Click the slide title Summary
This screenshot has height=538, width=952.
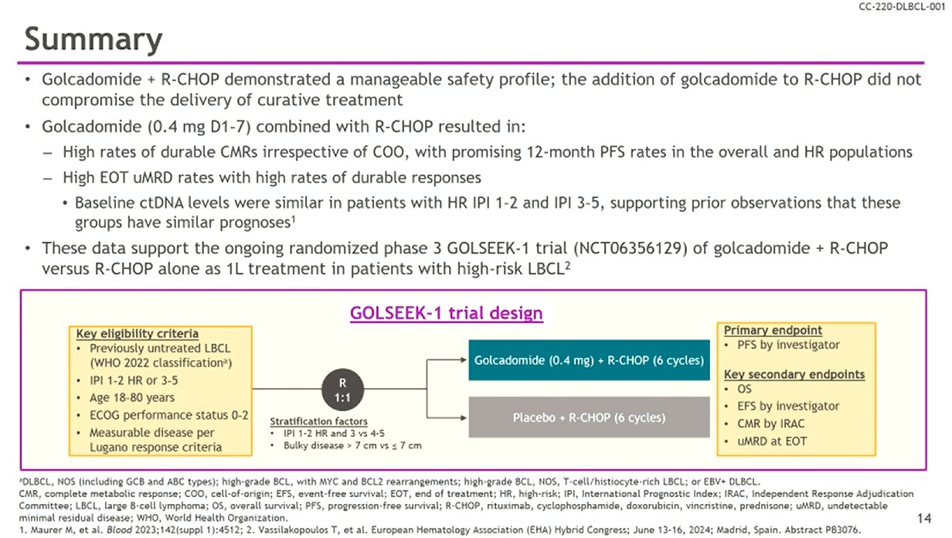93,39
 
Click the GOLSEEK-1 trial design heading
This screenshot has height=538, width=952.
447,314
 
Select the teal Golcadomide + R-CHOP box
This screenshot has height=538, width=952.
588,361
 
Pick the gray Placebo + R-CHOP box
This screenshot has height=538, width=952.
588,417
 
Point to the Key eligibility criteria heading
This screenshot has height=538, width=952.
137,334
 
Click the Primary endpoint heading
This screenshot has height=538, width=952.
773,330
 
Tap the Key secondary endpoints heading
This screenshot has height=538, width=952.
794,375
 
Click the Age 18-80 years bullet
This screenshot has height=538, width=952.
132,398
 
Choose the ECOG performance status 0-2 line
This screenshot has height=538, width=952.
168,415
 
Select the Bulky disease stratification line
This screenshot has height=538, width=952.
352,446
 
